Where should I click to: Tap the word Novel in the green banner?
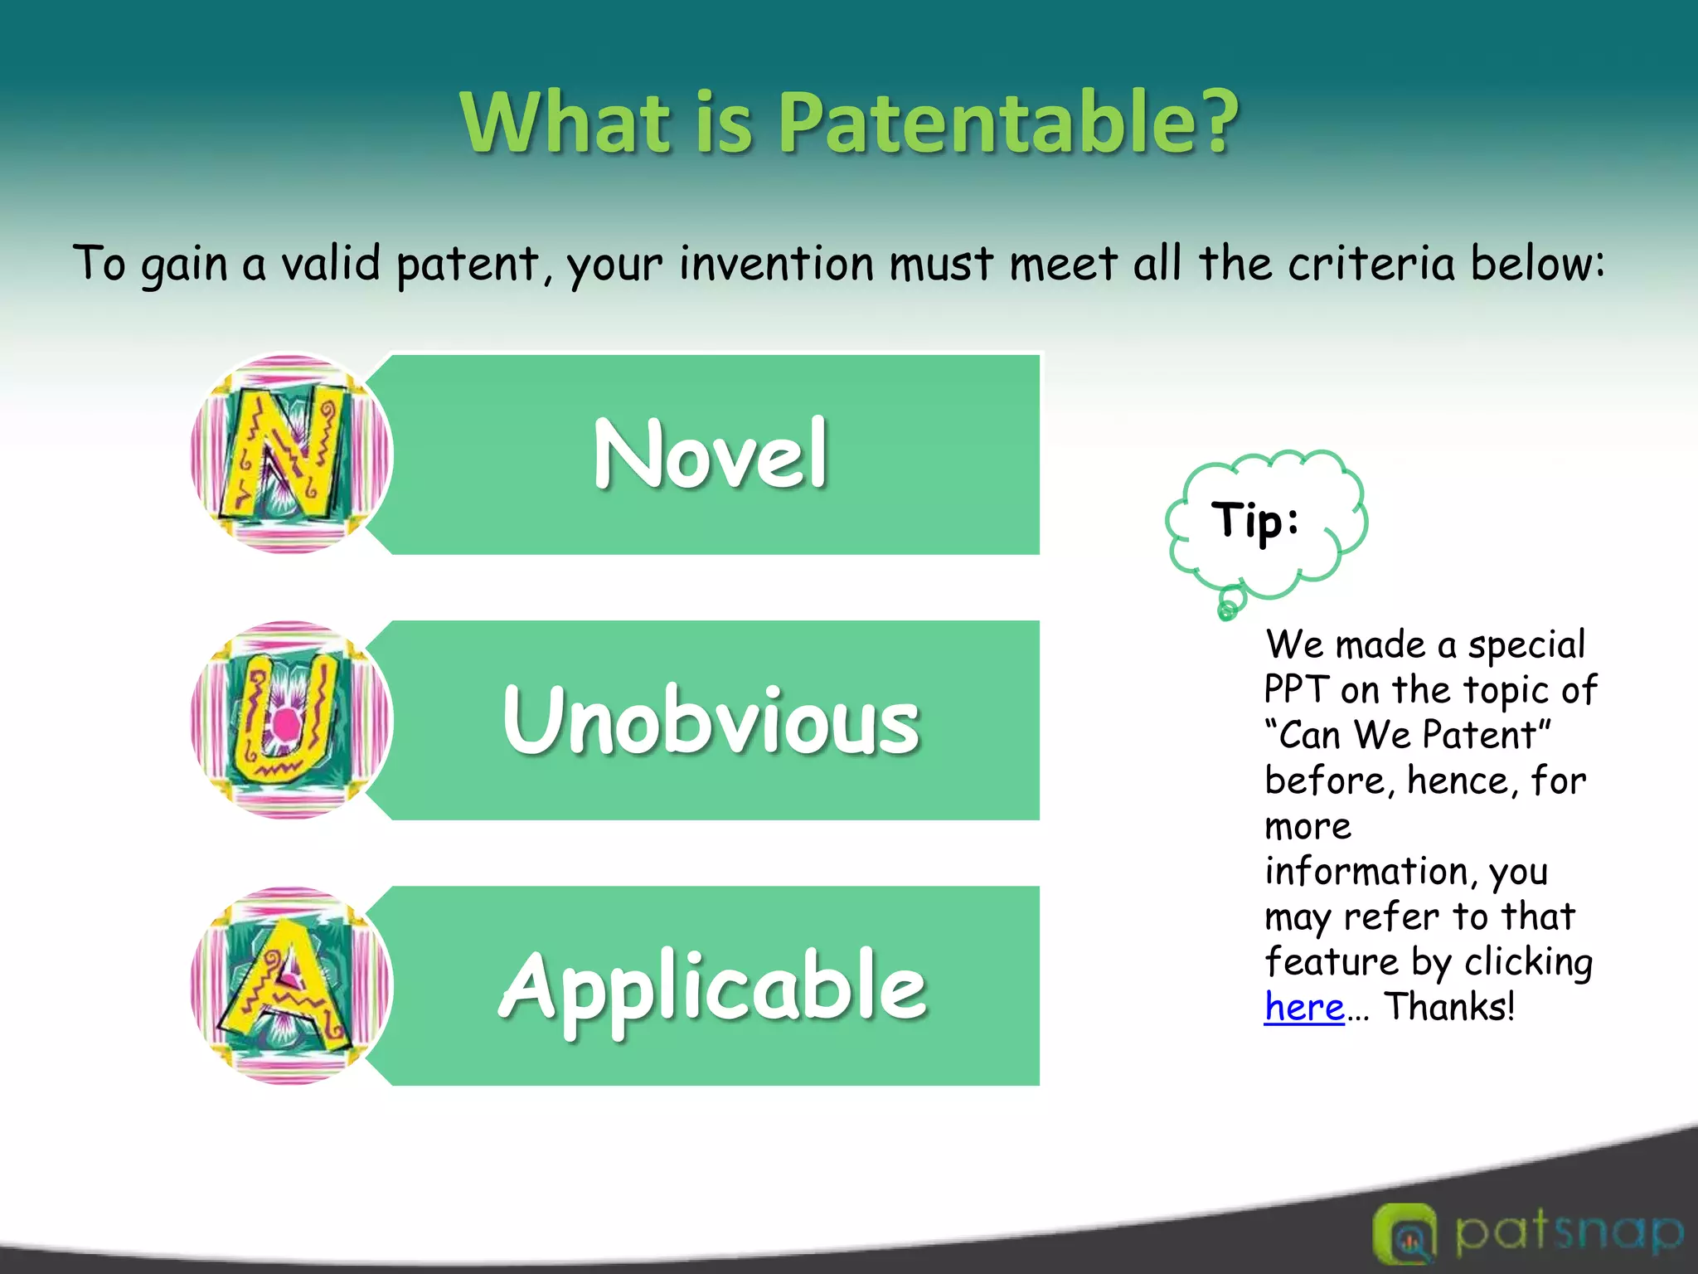(711, 455)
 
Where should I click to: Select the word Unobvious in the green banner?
(711, 720)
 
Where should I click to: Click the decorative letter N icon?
(290, 455)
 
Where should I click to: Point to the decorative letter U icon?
(290, 720)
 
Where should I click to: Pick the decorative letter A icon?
(290, 985)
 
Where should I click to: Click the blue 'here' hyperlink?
(1303, 1007)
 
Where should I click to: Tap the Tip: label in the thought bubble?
(1255, 521)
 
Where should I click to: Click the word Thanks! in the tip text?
(1449, 1007)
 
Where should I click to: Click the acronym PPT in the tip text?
(1297, 690)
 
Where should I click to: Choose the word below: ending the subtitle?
(1538, 265)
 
